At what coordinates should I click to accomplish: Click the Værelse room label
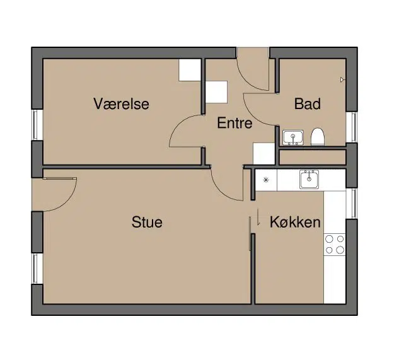pyautogui.click(x=122, y=104)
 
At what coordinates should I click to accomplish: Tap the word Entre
pyautogui.click(x=234, y=123)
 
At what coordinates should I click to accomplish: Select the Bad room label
pyautogui.click(x=308, y=104)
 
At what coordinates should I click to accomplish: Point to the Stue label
pyautogui.click(x=147, y=222)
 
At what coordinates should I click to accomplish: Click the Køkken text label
pyautogui.click(x=295, y=222)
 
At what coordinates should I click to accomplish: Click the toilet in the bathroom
pyautogui.click(x=318, y=137)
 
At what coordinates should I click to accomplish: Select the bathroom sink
pyautogui.click(x=293, y=137)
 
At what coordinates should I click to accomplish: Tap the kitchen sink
pyautogui.click(x=309, y=180)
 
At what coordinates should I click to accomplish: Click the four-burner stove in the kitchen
pyautogui.click(x=335, y=245)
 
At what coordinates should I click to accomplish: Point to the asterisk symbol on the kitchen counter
pyautogui.click(x=266, y=180)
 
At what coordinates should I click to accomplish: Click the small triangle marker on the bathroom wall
pyautogui.click(x=342, y=80)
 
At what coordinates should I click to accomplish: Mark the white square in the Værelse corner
pyautogui.click(x=190, y=70)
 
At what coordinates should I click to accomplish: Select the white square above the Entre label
pyautogui.click(x=216, y=92)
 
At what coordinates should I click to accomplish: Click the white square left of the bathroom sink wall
pyautogui.click(x=264, y=154)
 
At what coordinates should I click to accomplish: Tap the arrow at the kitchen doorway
pyautogui.click(x=258, y=217)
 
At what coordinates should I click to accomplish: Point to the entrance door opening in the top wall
pyautogui.click(x=252, y=53)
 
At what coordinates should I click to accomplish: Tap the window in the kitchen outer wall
pyautogui.click(x=352, y=204)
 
